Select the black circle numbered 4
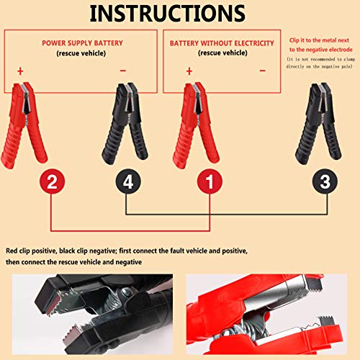pyautogui.click(x=127, y=183)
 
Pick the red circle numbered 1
pyautogui.click(x=209, y=183)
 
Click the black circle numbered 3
pyautogui.click(x=323, y=183)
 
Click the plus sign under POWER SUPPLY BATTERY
pyautogui.click(x=20, y=71)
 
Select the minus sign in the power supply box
pyautogui.click(x=122, y=71)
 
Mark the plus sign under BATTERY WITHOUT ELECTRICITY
pyautogui.click(x=189, y=71)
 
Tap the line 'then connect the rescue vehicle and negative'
pyautogui.click(x=75, y=263)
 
